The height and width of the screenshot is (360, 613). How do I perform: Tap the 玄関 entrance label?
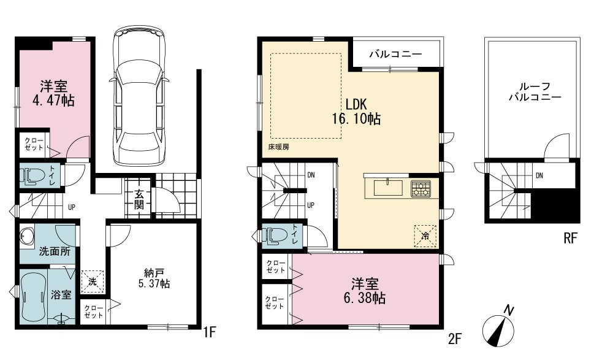139,199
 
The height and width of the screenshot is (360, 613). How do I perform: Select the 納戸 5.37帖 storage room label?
154,278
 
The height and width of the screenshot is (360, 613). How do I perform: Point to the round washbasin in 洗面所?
26,236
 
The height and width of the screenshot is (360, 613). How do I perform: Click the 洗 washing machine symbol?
93,281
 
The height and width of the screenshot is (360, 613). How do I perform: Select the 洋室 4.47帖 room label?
53,94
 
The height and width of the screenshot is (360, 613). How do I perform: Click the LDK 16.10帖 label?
356,111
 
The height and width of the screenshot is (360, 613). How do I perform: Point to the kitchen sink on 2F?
387,188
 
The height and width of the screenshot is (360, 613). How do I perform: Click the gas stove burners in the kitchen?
421,189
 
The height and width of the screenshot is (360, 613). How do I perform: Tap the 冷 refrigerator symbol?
425,236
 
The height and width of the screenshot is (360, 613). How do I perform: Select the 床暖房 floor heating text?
278,148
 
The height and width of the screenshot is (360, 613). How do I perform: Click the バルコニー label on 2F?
395,53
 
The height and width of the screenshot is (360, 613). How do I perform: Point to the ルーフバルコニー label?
535,92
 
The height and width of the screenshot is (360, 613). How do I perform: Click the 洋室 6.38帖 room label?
364,291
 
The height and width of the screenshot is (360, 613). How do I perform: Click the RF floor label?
570,238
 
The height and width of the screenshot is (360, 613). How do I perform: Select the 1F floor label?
210,332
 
